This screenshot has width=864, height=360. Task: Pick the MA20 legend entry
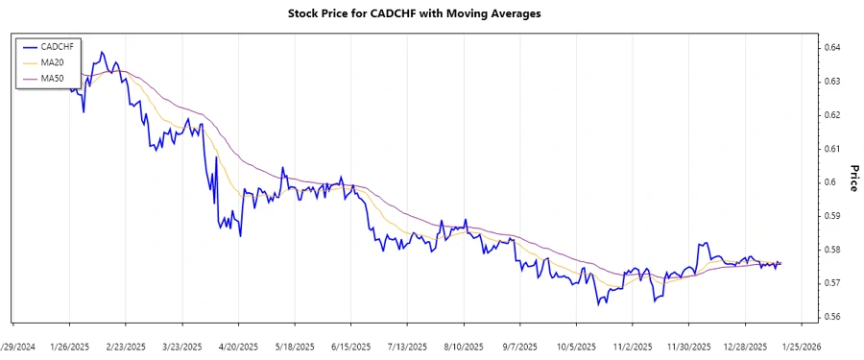[52, 61]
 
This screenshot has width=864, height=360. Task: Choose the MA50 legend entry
[52, 78]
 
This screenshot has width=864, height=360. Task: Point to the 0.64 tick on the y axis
[832, 47]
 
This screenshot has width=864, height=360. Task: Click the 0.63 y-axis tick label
[832, 81]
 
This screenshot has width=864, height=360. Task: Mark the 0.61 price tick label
[832, 149]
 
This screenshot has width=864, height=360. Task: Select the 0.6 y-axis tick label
[830, 182]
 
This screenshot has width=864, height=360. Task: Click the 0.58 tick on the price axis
[832, 250]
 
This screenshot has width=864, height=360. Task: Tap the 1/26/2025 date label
[69, 346]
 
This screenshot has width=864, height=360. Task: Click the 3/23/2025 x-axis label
[181, 346]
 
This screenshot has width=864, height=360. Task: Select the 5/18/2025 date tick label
[294, 346]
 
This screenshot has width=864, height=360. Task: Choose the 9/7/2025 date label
[519, 346]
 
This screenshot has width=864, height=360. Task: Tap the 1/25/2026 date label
[800, 346]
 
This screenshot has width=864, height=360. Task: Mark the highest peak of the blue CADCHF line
[102, 52]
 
